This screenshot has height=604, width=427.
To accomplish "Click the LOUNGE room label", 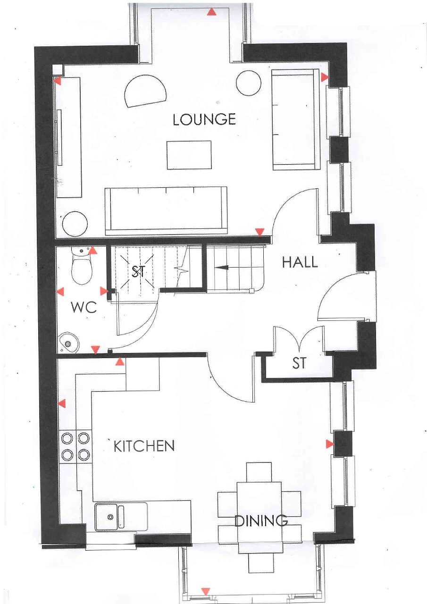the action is point(204,119).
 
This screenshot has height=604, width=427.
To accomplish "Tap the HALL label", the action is point(300,262).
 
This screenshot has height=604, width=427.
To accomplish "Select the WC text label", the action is point(84,307).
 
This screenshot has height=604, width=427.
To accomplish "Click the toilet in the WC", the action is point(82,265).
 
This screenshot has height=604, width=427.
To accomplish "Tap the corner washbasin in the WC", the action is point(69,343).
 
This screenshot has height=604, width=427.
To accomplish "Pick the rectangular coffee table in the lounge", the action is point(189,155).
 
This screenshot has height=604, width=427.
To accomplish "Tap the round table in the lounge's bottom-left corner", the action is point(75,224).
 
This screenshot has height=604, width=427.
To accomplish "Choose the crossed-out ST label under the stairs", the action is point(139,271).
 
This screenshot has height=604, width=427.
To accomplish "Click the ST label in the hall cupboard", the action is point(299,363).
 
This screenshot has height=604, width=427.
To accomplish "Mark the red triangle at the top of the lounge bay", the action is point(212,12).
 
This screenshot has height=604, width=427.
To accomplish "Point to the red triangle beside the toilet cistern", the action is point(93,250).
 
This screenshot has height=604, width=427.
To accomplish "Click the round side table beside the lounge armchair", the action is point(249,83).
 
